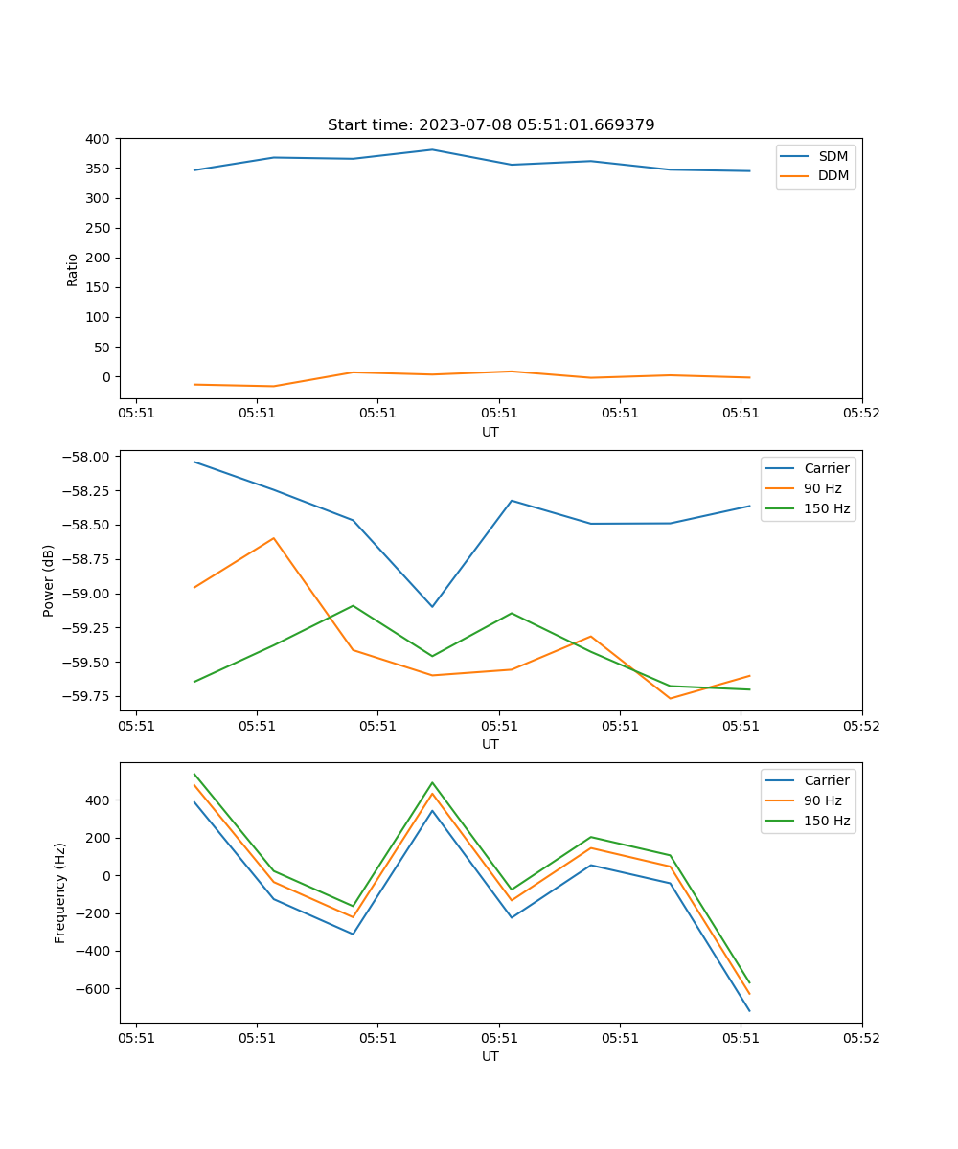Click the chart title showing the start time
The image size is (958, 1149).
tap(490, 125)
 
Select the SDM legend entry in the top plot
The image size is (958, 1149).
tap(833, 156)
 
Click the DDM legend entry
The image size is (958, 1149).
tap(833, 175)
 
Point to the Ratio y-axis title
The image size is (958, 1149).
tap(73, 269)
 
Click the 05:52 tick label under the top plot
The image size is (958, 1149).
tap(861, 414)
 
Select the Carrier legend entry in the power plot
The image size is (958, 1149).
tap(826, 468)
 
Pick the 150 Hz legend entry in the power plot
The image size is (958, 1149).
tap(826, 508)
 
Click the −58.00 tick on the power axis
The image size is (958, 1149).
tap(87, 457)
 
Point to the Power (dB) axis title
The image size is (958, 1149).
tap(49, 580)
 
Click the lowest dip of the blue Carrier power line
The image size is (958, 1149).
tap(432, 606)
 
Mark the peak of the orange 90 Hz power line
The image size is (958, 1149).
tap(274, 538)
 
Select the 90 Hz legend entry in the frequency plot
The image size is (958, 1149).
tap(826, 800)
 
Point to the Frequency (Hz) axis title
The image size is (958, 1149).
tap(60, 892)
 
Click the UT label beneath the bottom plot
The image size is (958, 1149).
tap(490, 1056)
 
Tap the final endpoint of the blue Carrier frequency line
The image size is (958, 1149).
tap(749, 1010)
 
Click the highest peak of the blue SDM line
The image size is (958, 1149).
tap(432, 149)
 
